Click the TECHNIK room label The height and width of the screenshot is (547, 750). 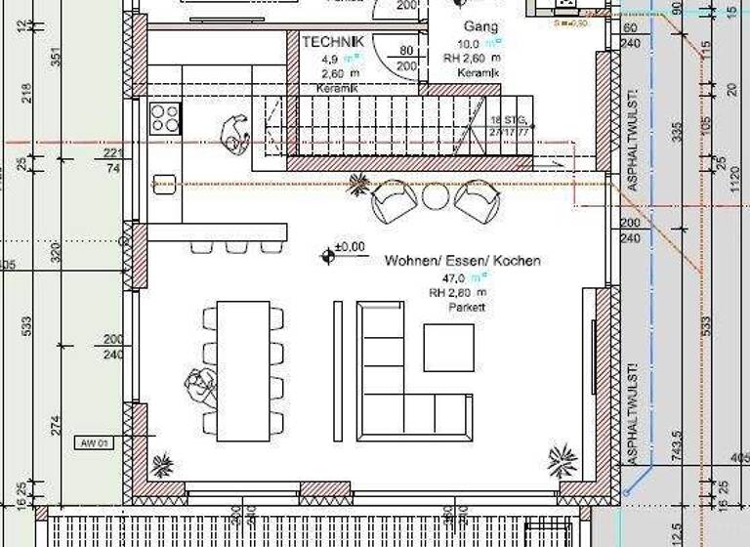tap(333, 42)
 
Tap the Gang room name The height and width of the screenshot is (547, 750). tap(480, 26)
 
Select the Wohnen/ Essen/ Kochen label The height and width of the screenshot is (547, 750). tap(463, 261)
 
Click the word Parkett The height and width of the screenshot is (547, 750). tap(467, 307)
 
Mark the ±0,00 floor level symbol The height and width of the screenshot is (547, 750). tap(328, 256)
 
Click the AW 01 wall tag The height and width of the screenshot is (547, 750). tap(95, 443)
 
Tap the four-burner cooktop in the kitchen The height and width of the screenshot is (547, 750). tap(165, 118)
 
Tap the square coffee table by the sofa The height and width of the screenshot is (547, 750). tap(448, 347)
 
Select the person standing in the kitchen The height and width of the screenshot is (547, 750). tap(233, 134)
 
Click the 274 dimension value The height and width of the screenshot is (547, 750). tap(57, 426)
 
